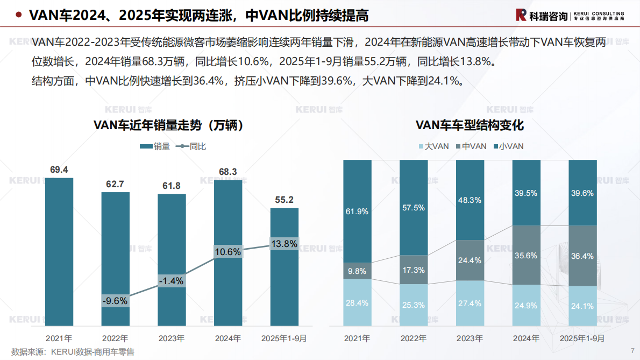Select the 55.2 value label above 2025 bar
click(284, 200)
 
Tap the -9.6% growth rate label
click(115, 301)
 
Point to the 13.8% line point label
click(284, 244)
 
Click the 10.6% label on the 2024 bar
click(227, 251)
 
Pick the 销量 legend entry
click(155, 146)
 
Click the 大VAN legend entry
click(433, 146)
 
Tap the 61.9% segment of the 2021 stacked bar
click(357, 211)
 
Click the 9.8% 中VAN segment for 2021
click(357, 271)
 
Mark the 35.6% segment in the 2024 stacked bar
click(526, 256)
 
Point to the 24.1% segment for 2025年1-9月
click(582, 306)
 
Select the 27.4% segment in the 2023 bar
click(470, 303)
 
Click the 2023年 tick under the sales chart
click(172, 339)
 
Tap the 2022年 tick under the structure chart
click(414, 339)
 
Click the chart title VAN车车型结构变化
click(470, 125)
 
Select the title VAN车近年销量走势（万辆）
click(171, 125)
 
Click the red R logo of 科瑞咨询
click(521, 15)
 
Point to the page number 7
click(632, 350)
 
